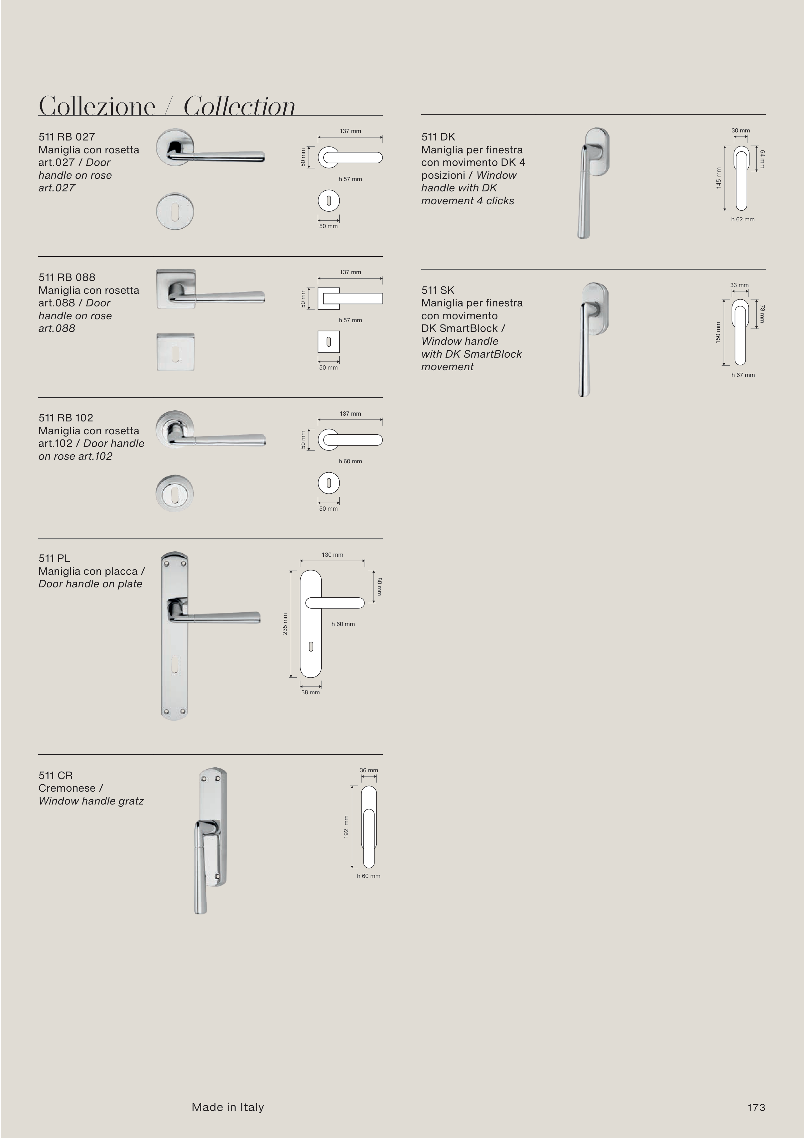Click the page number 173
click(756, 1108)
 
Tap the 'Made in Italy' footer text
click(228, 1107)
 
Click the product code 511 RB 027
click(67, 137)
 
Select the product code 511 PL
click(54, 559)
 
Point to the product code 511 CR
click(55, 776)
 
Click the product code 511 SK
click(438, 290)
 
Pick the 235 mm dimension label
click(285, 624)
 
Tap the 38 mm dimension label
click(311, 692)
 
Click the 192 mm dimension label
click(346, 827)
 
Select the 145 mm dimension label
click(718, 178)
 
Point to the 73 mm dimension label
click(762, 314)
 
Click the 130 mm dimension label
click(332, 555)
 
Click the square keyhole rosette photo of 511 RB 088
click(175, 352)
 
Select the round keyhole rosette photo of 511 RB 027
click(175, 211)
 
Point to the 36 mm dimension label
click(369, 770)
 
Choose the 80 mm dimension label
click(379, 586)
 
